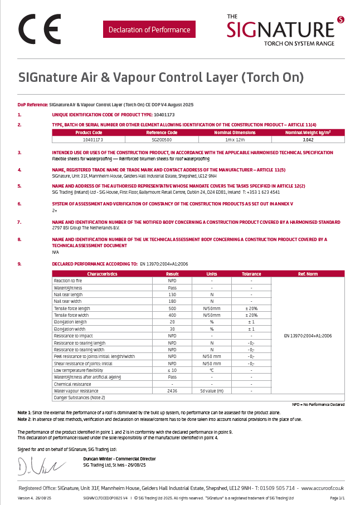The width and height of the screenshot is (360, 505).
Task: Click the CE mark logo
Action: pos(40,29)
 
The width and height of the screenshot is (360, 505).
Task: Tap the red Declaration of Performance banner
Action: pos(149,30)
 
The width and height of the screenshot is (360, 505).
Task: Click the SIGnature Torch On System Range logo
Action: pos(285,30)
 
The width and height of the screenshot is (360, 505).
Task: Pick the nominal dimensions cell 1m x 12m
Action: pos(235,140)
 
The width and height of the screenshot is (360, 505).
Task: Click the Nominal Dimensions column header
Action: pos(235,133)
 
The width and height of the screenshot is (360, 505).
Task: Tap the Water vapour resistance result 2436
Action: pos(172,391)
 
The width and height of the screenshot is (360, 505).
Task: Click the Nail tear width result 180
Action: pos(172,301)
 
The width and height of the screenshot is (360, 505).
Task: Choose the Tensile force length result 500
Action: pos(172,308)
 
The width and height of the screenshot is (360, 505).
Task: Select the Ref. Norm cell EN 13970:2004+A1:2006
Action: pos(308,336)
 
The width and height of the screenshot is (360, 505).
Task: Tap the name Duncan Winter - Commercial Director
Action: pos(119,459)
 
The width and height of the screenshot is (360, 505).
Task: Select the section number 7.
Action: pos(20,222)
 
